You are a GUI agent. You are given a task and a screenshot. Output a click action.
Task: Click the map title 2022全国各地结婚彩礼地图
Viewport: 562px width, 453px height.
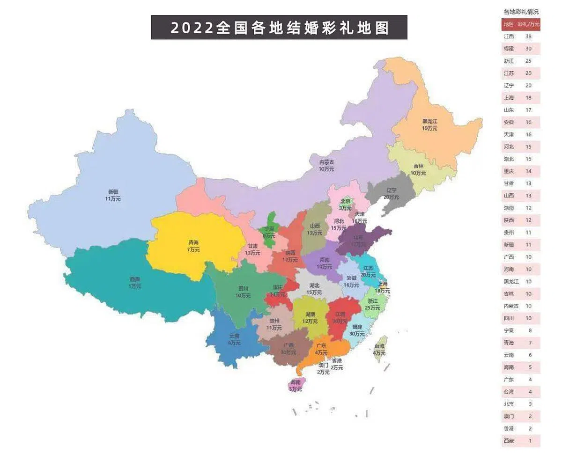coord(279,28)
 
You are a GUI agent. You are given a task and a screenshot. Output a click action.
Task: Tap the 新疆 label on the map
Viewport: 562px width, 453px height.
coord(113,195)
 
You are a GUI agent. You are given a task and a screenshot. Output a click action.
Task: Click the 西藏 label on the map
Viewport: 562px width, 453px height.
coord(134,283)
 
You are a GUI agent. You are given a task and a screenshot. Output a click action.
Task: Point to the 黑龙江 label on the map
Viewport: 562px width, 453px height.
coord(429,124)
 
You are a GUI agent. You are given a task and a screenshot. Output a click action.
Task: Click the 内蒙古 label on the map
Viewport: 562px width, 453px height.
coord(326,165)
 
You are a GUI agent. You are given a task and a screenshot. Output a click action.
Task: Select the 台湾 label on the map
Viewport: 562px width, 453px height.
coord(379,349)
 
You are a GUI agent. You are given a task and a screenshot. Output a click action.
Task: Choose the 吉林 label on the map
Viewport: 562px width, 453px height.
coord(418,169)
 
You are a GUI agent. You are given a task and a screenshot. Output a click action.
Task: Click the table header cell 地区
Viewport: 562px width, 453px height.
coord(509,24)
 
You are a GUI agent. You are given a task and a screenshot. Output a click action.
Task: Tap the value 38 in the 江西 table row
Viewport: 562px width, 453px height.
coord(528,37)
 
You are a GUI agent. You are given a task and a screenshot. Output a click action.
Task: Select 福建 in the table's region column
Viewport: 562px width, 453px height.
coord(509,49)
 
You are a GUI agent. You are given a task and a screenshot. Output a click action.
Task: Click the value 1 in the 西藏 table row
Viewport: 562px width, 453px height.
coord(530,441)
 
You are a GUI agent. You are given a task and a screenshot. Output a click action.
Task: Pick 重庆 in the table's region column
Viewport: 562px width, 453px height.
coord(509,171)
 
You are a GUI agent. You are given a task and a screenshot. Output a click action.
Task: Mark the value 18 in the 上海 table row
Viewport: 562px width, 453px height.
coord(528,98)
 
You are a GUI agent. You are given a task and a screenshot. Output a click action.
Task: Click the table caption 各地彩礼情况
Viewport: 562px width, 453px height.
coord(521,11)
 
